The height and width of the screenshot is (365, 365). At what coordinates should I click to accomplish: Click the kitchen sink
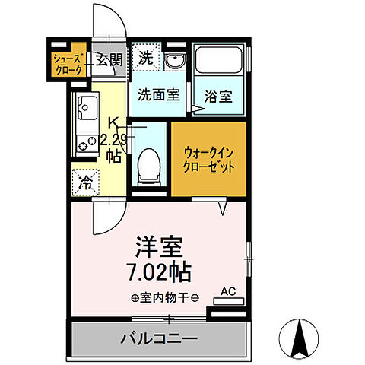click(86, 109)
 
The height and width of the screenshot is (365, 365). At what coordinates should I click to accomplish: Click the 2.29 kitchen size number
click(115, 139)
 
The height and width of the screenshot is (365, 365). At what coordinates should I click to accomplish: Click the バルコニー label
click(160, 337)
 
